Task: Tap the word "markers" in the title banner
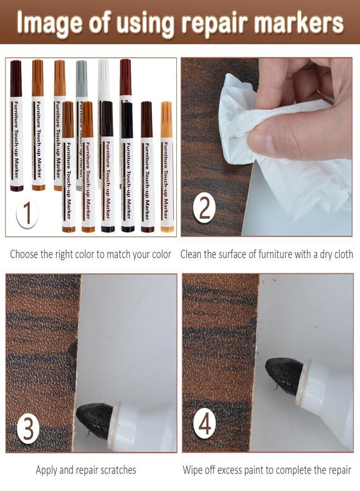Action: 299,22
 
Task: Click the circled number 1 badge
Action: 28,213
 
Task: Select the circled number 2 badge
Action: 204,208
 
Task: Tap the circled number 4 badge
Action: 205,424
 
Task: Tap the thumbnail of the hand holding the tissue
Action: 267,147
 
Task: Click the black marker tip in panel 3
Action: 95,420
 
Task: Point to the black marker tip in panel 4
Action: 284,376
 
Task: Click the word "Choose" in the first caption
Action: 23,254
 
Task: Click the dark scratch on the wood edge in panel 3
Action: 73,351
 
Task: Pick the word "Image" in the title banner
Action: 49,22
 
